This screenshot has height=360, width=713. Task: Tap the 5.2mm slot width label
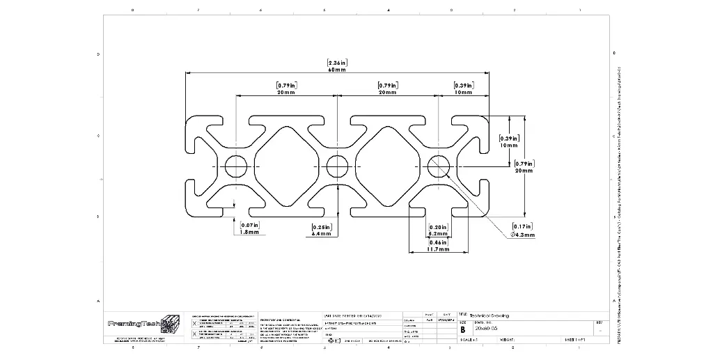(438, 235)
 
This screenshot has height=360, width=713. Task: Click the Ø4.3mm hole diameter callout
(523, 235)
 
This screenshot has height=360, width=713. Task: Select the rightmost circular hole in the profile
(439, 166)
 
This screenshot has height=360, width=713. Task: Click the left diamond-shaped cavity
(286, 166)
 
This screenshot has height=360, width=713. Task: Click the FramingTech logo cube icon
(169, 324)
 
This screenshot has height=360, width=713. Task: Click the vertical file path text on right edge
(619, 209)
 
